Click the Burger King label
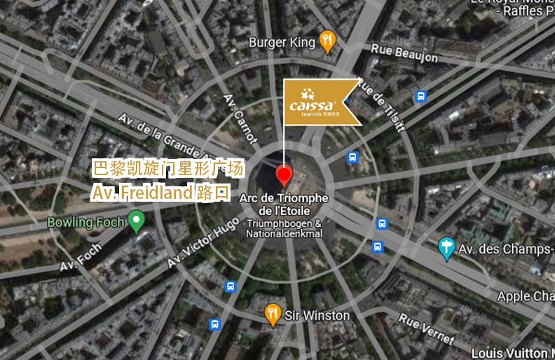(282, 43)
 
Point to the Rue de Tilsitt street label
(381, 104)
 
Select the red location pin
(284, 175)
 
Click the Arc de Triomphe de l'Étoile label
(284, 205)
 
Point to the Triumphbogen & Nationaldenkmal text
(284, 228)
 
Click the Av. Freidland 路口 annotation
(160, 192)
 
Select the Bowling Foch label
(85, 223)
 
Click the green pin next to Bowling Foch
(137, 222)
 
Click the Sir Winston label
(317, 316)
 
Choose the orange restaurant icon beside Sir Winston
(273, 314)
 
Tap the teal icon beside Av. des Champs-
(446, 247)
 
